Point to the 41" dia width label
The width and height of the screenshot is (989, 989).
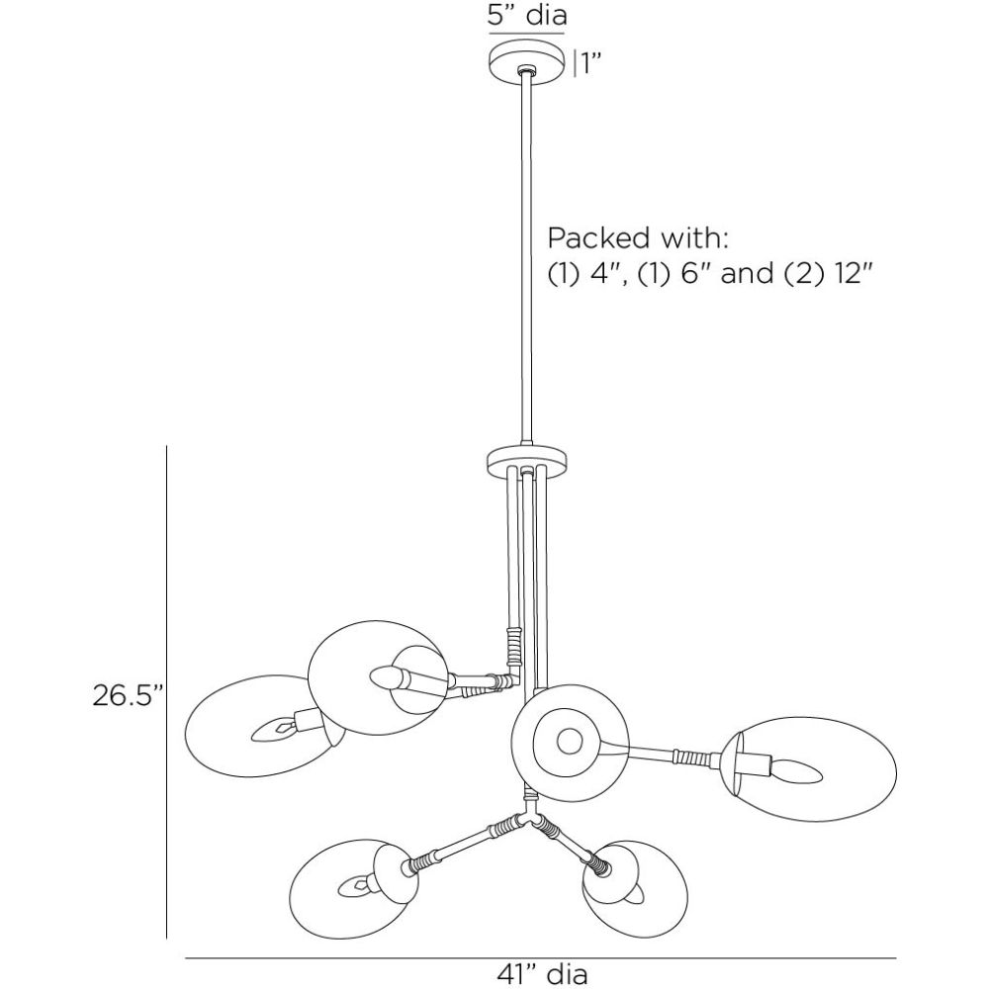tap(542, 974)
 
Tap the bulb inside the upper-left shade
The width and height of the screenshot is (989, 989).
tap(389, 677)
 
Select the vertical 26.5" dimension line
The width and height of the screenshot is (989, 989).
tap(167, 692)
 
